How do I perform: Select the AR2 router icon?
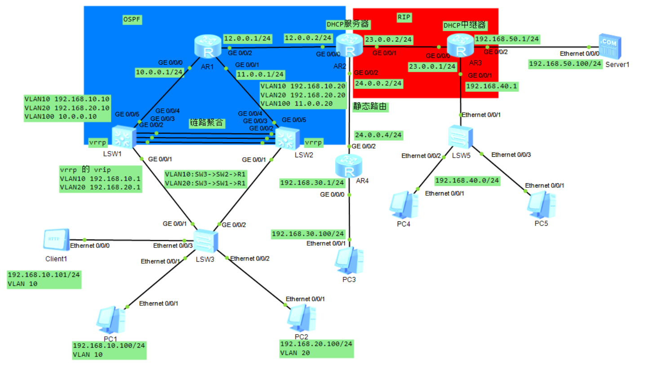pyautogui.click(x=350, y=45)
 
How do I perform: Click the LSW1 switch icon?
pyautogui.click(x=123, y=137)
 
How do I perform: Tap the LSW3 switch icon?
pyautogui.click(x=206, y=241)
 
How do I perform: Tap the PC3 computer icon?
pyautogui.click(x=349, y=261)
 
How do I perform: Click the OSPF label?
pyautogui.click(x=133, y=19)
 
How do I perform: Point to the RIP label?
pyautogui.click(x=405, y=17)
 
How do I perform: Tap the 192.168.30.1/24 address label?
pyautogui.click(x=312, y=183)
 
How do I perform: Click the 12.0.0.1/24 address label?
pyautogui.click(x=247, y=39)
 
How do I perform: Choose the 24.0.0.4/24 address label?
pyautogui.click(x=378, y=135)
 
